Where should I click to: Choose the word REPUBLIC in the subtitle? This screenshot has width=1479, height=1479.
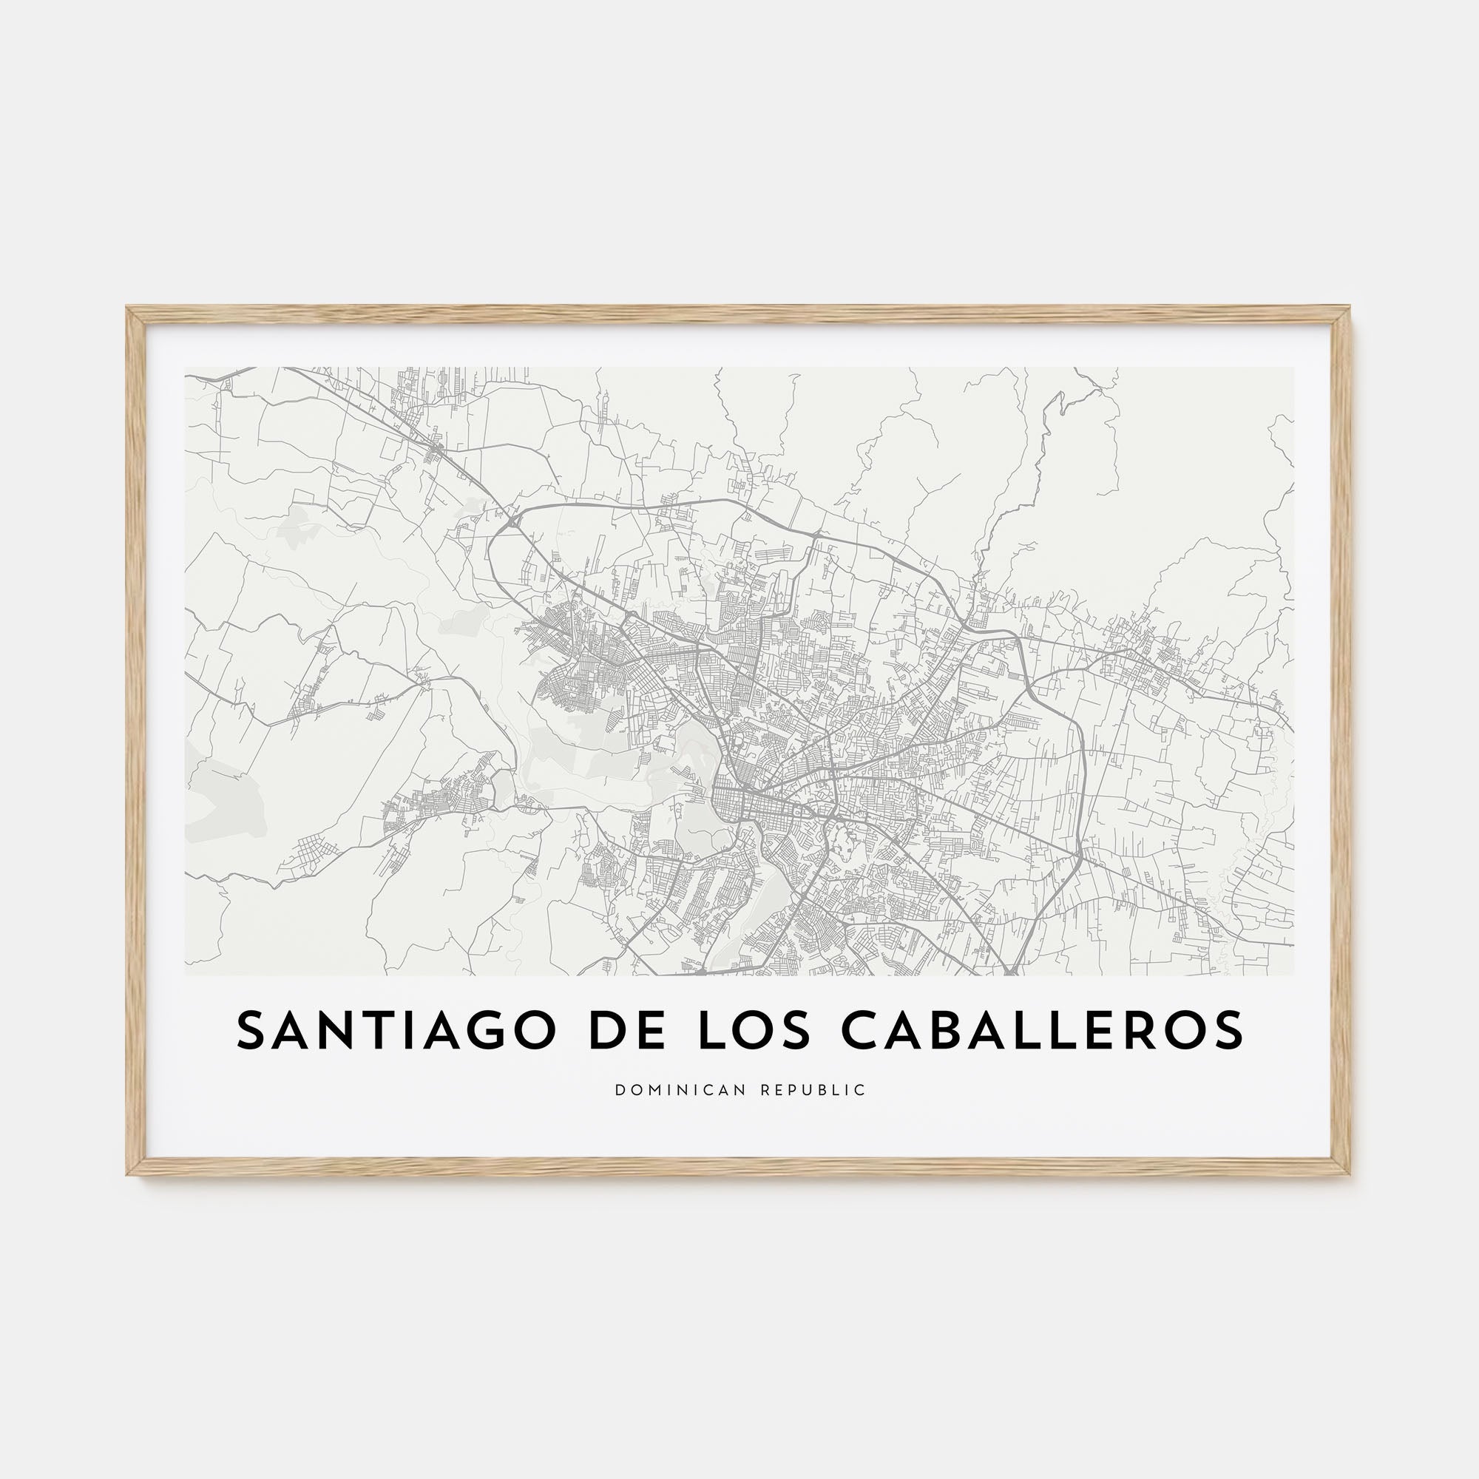click(x=813, y=1090)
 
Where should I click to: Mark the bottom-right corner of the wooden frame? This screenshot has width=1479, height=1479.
click(x=1349, y=1173)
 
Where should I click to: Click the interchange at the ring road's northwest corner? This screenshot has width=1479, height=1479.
click(x=512, y=521)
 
